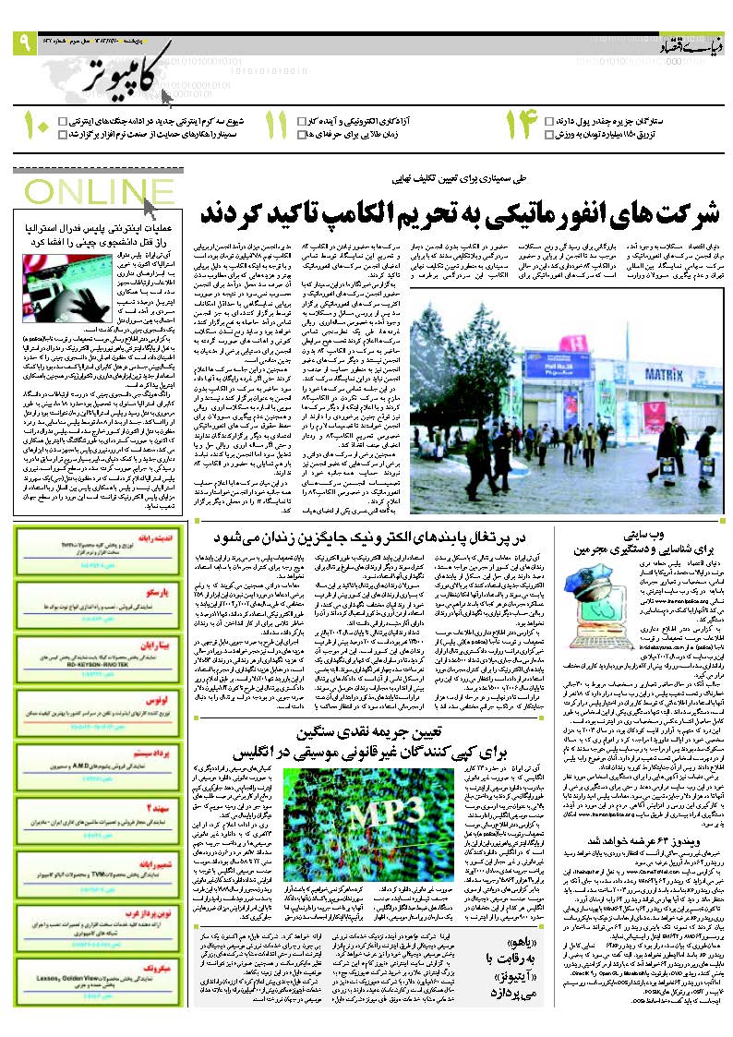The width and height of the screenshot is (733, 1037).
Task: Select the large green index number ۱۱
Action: click(275, 127)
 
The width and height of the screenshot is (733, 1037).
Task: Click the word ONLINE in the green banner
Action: click(81, 191)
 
